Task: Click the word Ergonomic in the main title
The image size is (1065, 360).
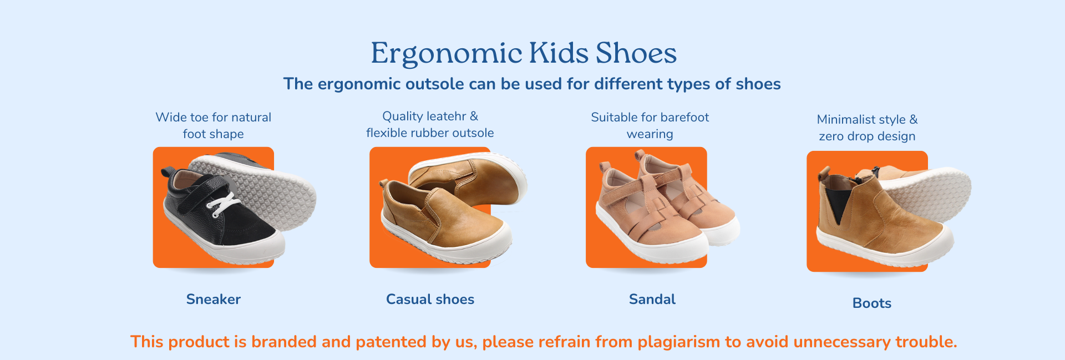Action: pos(447,54)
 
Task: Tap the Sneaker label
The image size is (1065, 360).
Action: pos(214,300)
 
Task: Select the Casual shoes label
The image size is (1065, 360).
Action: pos(430,300)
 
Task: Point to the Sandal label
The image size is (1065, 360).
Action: pos(652,300)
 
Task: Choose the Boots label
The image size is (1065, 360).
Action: pos(872,303)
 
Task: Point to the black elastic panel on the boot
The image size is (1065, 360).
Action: pos(836,202)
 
